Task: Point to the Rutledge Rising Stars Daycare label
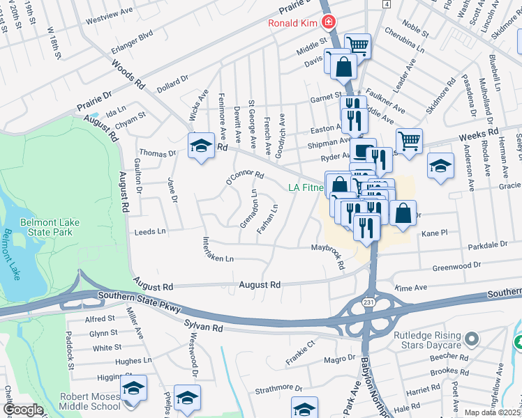point(426,340)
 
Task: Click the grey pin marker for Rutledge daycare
point(472,339)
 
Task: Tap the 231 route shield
point(367,302)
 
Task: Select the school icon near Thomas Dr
point(201,146)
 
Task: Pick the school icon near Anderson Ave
point(440,167)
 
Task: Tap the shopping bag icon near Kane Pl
point(403,213)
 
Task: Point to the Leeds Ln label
point(150,231)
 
